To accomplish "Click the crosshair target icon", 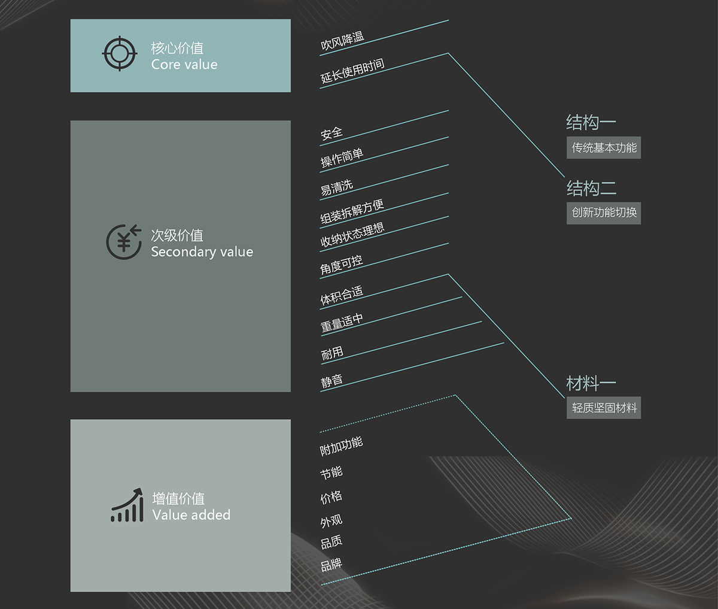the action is (120, 54).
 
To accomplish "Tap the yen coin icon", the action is (124, 242).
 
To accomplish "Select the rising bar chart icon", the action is (127, 505).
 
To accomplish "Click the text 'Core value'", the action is (184, 65).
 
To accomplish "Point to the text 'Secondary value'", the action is (202, 252).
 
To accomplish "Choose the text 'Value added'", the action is (191, 515).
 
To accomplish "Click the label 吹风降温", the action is (342, 41).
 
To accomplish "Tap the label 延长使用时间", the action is (352, 71).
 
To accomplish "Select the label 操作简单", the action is (342, 157).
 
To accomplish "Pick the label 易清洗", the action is (336, 187).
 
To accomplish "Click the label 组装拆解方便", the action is (352, 211).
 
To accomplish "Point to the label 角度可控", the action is (341, 264).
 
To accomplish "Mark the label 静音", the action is (331, 381).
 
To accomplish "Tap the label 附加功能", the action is (341, 446).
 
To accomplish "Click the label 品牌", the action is (331, 564).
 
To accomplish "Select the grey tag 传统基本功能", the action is (604, 148).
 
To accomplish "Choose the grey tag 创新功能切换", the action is (604, 213).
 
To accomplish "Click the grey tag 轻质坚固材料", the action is (604, 408).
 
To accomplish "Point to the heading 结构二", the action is (591, 189).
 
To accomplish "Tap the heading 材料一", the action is (591, 383).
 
